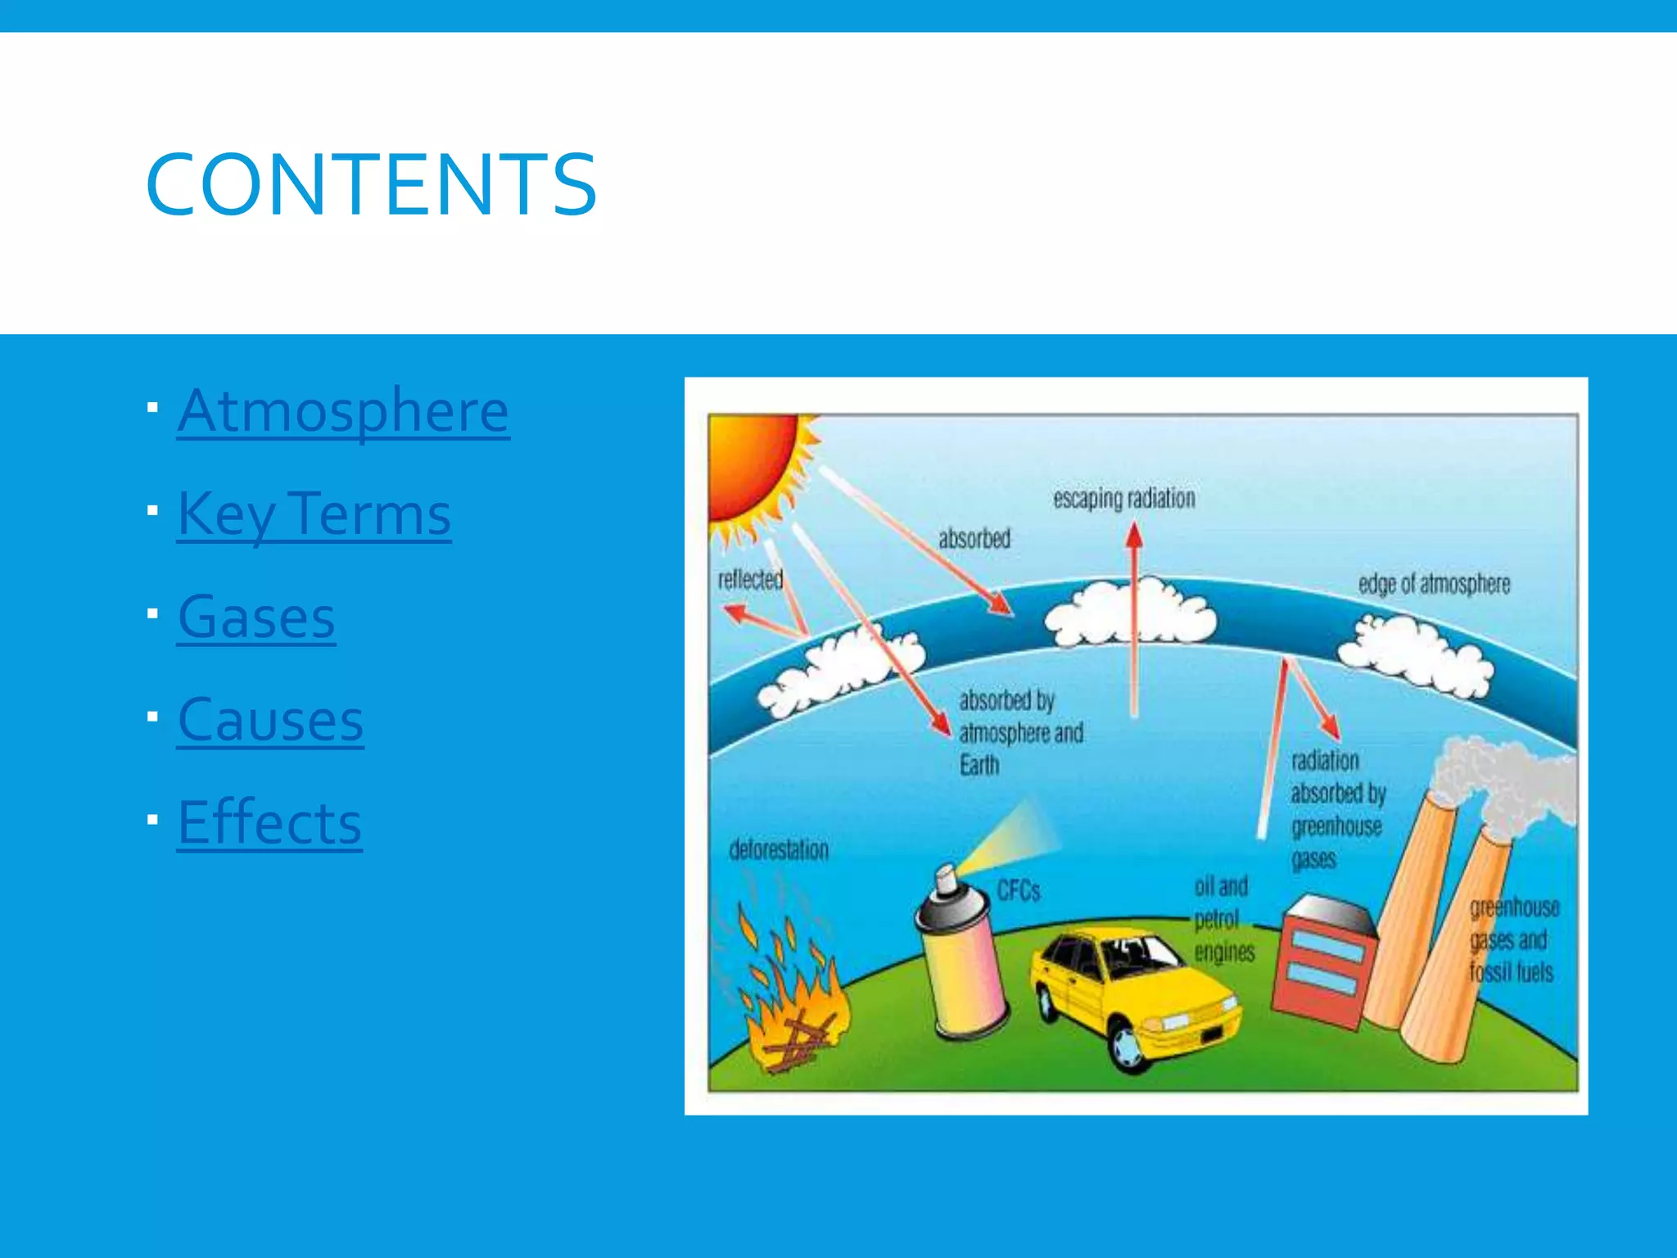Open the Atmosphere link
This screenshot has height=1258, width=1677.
point(343,410)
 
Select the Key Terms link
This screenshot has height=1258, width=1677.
point(314,514)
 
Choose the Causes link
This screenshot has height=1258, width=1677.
point(270,720)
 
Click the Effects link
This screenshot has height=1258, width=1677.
point(269,822)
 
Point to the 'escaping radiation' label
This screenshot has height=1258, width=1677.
point(1123,498)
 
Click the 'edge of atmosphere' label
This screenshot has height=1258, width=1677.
point(1434,584)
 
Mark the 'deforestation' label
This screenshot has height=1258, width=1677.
point(779,849)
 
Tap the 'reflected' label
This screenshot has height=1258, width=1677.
point(750,579)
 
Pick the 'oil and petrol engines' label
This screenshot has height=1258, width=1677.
point(1223,919)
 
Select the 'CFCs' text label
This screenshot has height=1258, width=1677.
point(1018,890)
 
